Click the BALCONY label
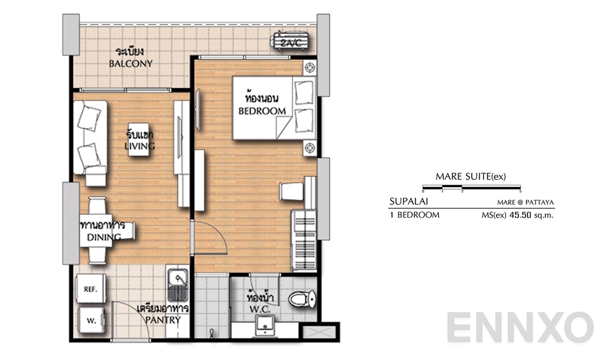coord(131,64)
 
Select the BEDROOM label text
coord(262,111)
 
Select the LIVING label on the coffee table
coord(140,146)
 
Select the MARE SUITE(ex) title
coord(471,176)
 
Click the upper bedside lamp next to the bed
coord(309,68)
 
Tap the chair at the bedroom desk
coord(292,191)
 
